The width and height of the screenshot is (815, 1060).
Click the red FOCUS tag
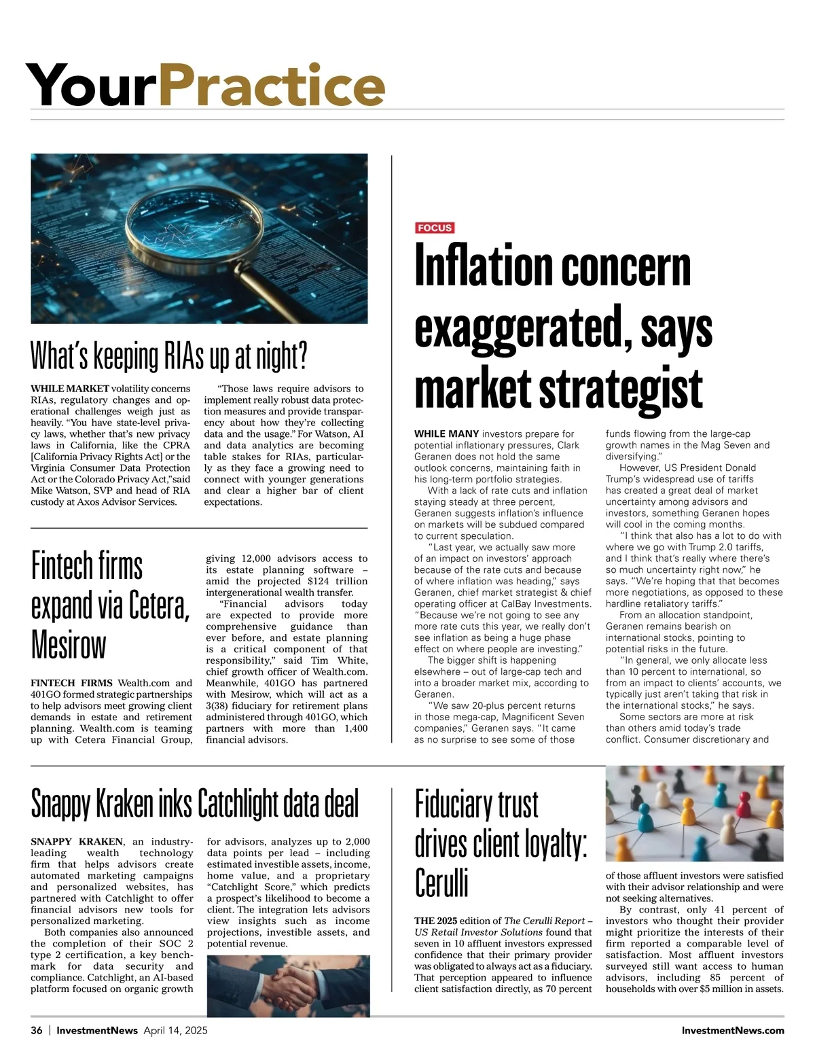click(x=435, y=228)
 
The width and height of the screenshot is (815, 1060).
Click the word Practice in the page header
click(x=272, y=85)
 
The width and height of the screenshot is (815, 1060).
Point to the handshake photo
click(x=288, y=985)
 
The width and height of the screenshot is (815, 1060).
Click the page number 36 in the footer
click(x=37, y=1030)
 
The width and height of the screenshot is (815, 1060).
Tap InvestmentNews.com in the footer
click(x=733, y=1030)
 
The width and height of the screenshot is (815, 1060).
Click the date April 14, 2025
click(x=175, y=1030)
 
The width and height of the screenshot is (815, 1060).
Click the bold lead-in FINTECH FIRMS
click(x=72, y=683)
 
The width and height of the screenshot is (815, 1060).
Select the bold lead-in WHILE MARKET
click(x=69, y=389)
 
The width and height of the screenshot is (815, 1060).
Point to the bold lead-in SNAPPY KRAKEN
click(x=77, y=842)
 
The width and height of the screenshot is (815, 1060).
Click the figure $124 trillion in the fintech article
click(x=337, y=581)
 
